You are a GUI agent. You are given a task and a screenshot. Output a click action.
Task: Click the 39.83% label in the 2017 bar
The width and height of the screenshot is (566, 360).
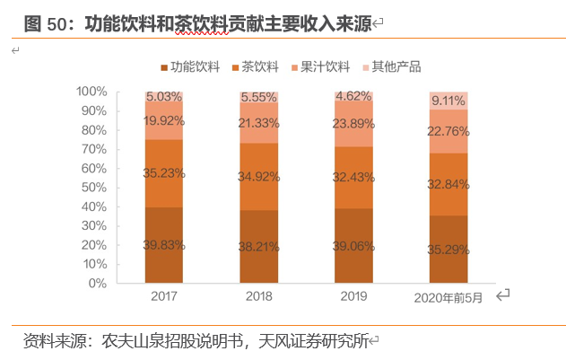[163, 245]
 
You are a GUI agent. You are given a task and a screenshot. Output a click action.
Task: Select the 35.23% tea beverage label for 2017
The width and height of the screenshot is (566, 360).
[163, 174]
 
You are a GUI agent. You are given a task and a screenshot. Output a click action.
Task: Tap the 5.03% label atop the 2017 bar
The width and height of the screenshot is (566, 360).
[163, 96]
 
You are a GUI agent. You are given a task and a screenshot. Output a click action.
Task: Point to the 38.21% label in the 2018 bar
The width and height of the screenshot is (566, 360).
[258, 245]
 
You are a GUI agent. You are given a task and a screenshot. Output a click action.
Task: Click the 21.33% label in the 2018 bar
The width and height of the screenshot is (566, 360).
[258, 123]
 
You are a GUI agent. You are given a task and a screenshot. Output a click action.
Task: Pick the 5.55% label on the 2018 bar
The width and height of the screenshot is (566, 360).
[258, 97]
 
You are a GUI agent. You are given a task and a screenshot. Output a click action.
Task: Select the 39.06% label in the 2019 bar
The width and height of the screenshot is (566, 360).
[353, 245]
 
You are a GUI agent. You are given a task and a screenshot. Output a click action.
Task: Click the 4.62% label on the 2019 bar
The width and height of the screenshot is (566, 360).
[353, 95]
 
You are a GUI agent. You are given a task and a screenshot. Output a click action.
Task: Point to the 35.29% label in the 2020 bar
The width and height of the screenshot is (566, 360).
[448, 250]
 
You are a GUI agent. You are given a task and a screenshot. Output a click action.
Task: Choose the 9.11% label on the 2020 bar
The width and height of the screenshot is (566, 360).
[448, 101]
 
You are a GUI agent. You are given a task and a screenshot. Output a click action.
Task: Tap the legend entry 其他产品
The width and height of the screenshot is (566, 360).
[395, 66]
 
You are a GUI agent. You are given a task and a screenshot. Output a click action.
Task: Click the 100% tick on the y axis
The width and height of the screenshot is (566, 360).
[91, 92]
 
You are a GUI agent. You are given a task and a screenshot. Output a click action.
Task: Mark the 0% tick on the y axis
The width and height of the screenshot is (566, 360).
[98, 283]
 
